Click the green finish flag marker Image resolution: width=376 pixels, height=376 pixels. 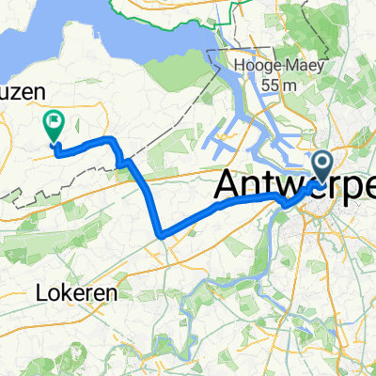point(54,125)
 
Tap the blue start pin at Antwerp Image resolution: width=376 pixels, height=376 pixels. point(322,166)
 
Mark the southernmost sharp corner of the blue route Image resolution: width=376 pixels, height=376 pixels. point(164,235)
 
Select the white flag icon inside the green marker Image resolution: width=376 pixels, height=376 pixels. point(54,120)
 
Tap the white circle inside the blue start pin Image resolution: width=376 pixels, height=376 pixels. point(322,163)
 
